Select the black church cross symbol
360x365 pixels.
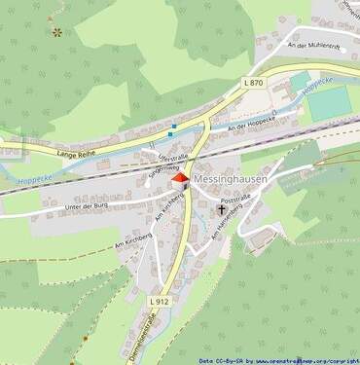(222, 209)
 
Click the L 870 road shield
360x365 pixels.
(255, 84)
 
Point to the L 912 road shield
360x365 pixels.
(161, 304)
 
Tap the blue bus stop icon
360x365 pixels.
(173, 126)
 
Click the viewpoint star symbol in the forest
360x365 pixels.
(57, 32)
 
